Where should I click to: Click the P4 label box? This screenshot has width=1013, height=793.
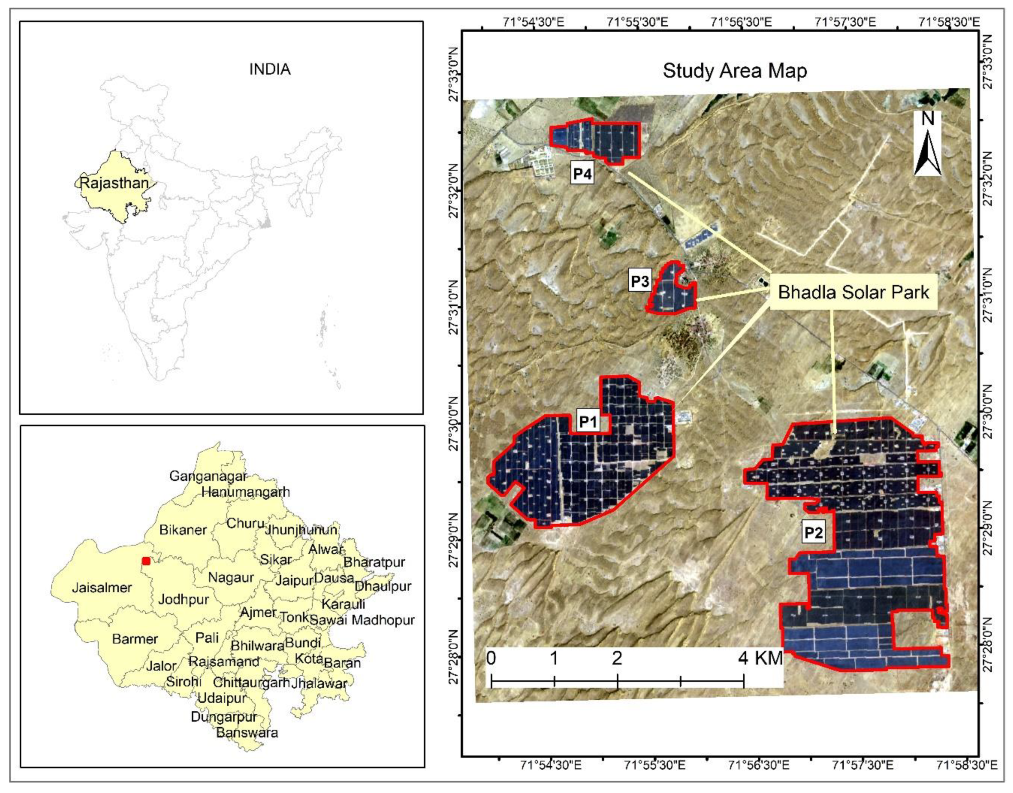click(582, 174)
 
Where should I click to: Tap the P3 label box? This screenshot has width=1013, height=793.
click(639, 281)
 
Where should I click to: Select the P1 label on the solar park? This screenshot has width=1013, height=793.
click(588, 421)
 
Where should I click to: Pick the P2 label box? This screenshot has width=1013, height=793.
click(813, 532)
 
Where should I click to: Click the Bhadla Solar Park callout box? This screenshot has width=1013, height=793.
click(854, 292)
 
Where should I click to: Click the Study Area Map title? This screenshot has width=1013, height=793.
click(735, 70)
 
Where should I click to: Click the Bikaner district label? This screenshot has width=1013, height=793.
click(183, 530)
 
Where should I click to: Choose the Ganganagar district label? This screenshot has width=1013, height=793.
click(207, 476)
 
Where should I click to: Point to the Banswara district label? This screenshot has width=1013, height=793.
click(247, 733)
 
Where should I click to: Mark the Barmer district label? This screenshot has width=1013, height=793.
click(135, 639)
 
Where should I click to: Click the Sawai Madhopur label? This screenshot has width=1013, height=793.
click(362, 620)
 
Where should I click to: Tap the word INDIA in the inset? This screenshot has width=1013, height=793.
click(270, 70)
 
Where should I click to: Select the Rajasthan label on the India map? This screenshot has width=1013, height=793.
click(114, 183)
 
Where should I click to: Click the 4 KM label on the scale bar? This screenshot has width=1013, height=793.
click(760, 658)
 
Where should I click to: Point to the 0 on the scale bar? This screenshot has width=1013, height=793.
click(491, 658)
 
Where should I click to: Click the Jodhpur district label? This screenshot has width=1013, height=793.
click(183, 599)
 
